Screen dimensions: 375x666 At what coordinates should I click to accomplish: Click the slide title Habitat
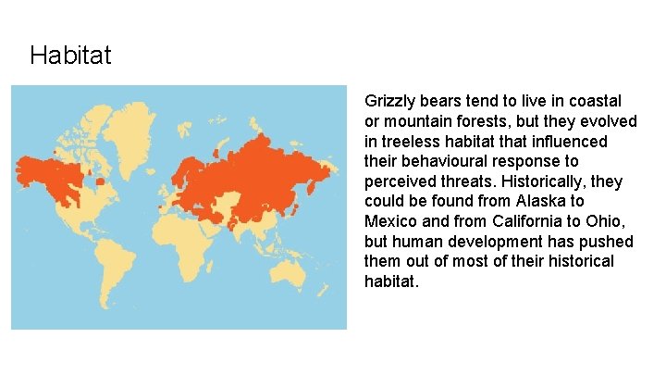pos(70,56)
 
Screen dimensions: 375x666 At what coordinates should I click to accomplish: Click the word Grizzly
pos(388,101)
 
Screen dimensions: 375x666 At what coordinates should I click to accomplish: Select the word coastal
pos(596,101)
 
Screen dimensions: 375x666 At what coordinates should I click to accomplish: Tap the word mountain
pos(413,121)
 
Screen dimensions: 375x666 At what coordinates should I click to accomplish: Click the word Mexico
pos(390,221)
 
